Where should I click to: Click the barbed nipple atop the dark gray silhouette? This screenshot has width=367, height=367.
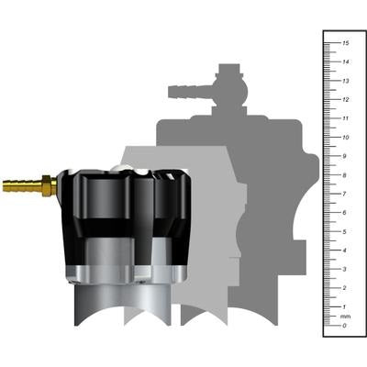click(x=186, y=91)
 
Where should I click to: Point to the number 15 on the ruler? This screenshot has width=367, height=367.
click(x=344, y=43)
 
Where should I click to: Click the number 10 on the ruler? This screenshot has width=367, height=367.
click(x=344, y=138)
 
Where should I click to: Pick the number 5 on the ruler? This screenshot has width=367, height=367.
click(x=344, y=231)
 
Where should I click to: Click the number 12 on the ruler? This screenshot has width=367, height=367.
click(x=344, y=100)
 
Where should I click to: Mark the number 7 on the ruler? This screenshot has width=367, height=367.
click(x=344, y=194)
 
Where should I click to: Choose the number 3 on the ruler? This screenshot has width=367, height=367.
click(x=344, y=269)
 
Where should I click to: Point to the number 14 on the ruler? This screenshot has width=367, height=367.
click(x=344, y=62)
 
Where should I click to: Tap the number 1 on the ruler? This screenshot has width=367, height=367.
click(x=344, y=306)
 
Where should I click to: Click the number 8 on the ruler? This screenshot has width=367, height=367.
click(x=344, y=175)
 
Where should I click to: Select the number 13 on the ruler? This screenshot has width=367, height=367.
click(x=344, y=81)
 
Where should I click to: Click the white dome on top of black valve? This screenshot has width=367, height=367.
click(x=128, y=170)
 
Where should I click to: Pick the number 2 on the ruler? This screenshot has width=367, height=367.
click(x=344, y=287)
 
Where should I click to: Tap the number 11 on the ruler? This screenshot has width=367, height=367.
click(x=344, y=118)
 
